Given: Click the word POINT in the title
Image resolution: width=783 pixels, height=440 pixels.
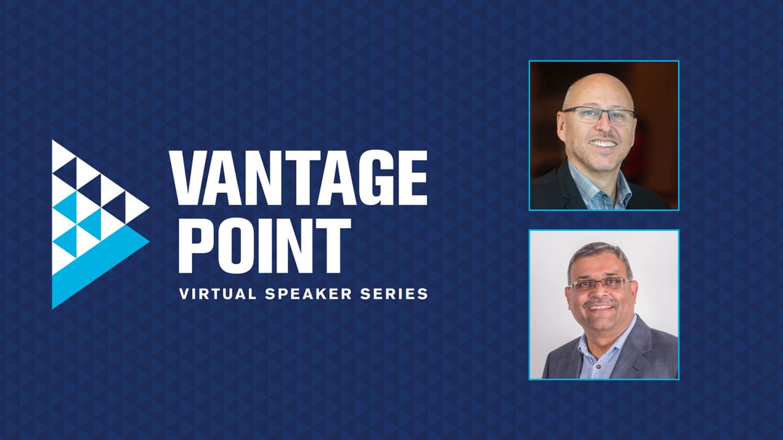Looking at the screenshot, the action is tap(265, 246).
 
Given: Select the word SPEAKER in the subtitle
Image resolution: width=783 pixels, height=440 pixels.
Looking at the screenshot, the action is tap(308, 294).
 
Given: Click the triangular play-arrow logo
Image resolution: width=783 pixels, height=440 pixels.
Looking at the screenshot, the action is tap(101, 224).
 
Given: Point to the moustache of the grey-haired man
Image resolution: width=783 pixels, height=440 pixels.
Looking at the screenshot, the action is tap(600, 302).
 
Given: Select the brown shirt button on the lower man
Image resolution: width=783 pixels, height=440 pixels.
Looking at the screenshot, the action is tap(598, 367).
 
